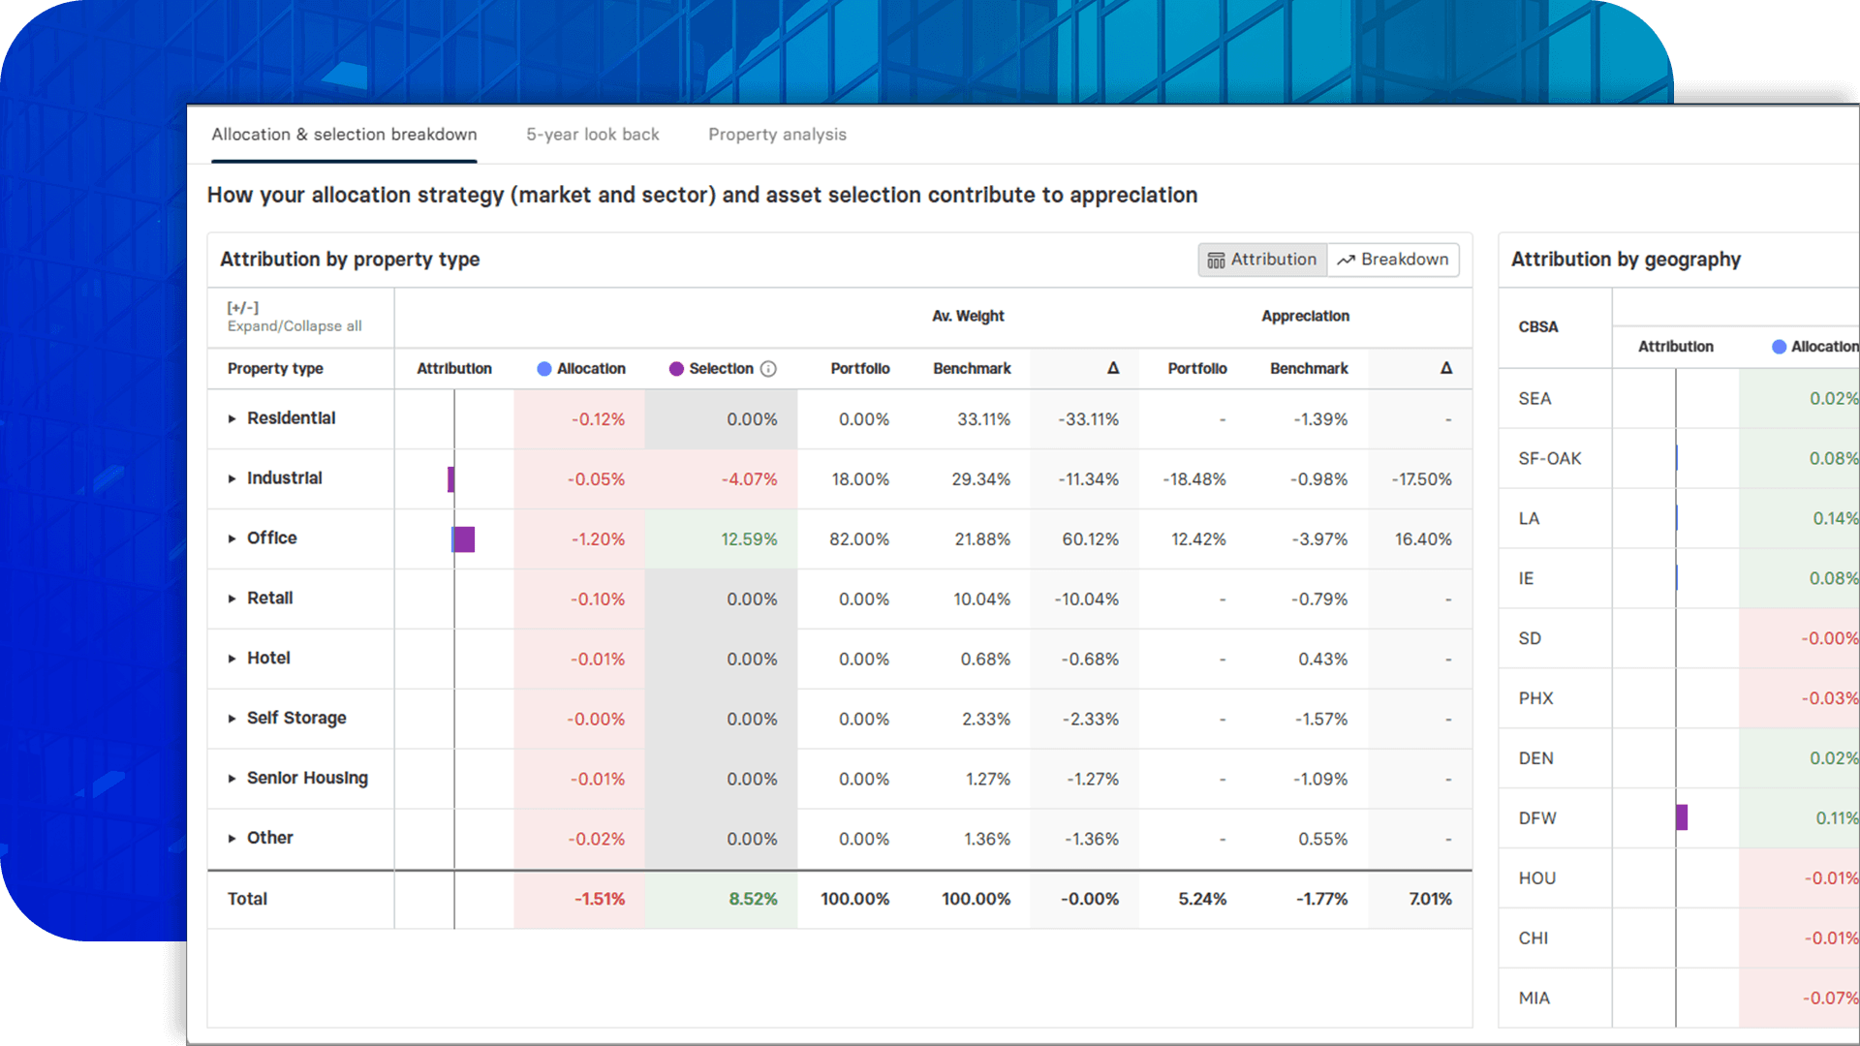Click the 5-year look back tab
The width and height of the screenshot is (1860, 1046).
pos(592,135)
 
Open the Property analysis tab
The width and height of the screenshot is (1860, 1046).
pos(777,135)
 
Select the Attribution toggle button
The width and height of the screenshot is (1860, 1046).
pos(1262,260)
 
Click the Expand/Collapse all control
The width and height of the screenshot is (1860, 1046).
pos(294,326)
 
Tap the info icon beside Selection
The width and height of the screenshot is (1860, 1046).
pos(768,369)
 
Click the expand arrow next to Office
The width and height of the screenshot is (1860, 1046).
pos(232,538)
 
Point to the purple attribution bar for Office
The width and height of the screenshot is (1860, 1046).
pos(464,539)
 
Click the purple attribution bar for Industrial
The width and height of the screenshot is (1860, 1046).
pos(450,479)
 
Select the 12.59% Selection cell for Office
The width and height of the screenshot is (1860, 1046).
pos(748,539)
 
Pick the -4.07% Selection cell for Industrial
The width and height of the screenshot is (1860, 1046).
pos(748,479)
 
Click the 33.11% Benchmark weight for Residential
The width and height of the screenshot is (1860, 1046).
pos(982,419)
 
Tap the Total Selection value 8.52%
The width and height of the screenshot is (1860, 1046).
pos(752,899)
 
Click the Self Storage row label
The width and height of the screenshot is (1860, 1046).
pos(295,718)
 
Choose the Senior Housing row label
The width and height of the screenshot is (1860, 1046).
pos(306,778)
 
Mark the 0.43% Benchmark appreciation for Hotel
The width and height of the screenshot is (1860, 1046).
pos(1321,659)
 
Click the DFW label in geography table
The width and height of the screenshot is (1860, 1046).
pos(1536,818)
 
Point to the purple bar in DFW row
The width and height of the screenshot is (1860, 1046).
pos(1682,817)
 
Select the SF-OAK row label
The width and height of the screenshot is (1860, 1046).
pos(1549,458)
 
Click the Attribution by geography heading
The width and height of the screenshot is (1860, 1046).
pos(1625,260)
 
